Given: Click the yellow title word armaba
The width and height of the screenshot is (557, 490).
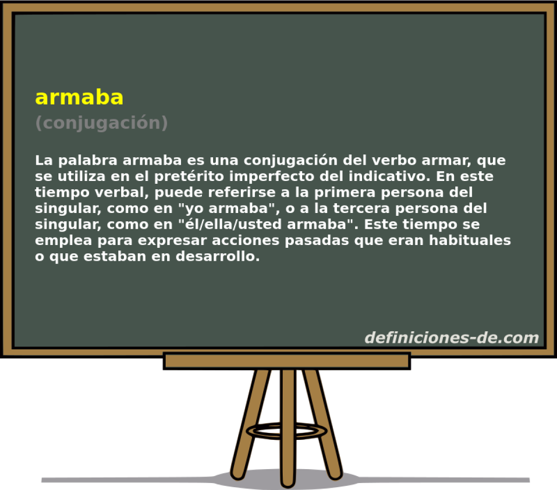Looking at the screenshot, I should point(79,97).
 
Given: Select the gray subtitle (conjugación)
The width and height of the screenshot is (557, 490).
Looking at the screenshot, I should point(101,123).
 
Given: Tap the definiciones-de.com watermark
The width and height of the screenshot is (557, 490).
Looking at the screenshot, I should point(451,337).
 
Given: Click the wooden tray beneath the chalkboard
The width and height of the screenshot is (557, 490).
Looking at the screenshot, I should point(286,361).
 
